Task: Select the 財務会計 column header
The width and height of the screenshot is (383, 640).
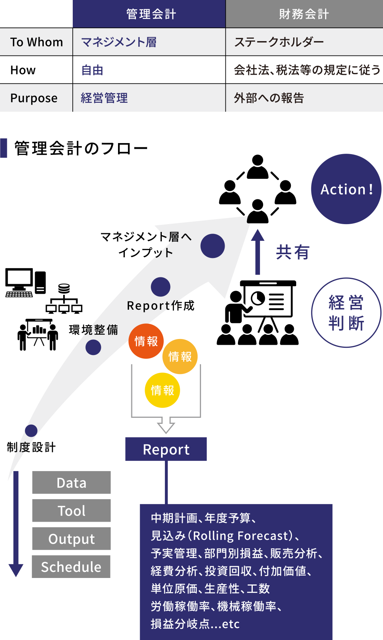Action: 304,14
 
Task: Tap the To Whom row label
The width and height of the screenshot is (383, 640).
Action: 36,42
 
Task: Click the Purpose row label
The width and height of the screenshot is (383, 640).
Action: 34,98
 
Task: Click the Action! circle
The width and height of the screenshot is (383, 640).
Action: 346,189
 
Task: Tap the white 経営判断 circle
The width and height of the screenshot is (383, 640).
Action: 346,313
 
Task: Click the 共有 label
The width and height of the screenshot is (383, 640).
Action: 292,252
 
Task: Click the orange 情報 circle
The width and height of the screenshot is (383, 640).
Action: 180,357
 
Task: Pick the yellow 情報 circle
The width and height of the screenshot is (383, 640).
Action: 162,390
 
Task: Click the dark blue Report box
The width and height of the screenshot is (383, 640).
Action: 166,449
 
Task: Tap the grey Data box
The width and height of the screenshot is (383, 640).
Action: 71,482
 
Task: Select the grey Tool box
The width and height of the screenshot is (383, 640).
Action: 71,511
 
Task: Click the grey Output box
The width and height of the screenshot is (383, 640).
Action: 71,539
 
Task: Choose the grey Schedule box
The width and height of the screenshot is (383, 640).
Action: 71,567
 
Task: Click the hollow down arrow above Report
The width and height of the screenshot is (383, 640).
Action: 166,424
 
